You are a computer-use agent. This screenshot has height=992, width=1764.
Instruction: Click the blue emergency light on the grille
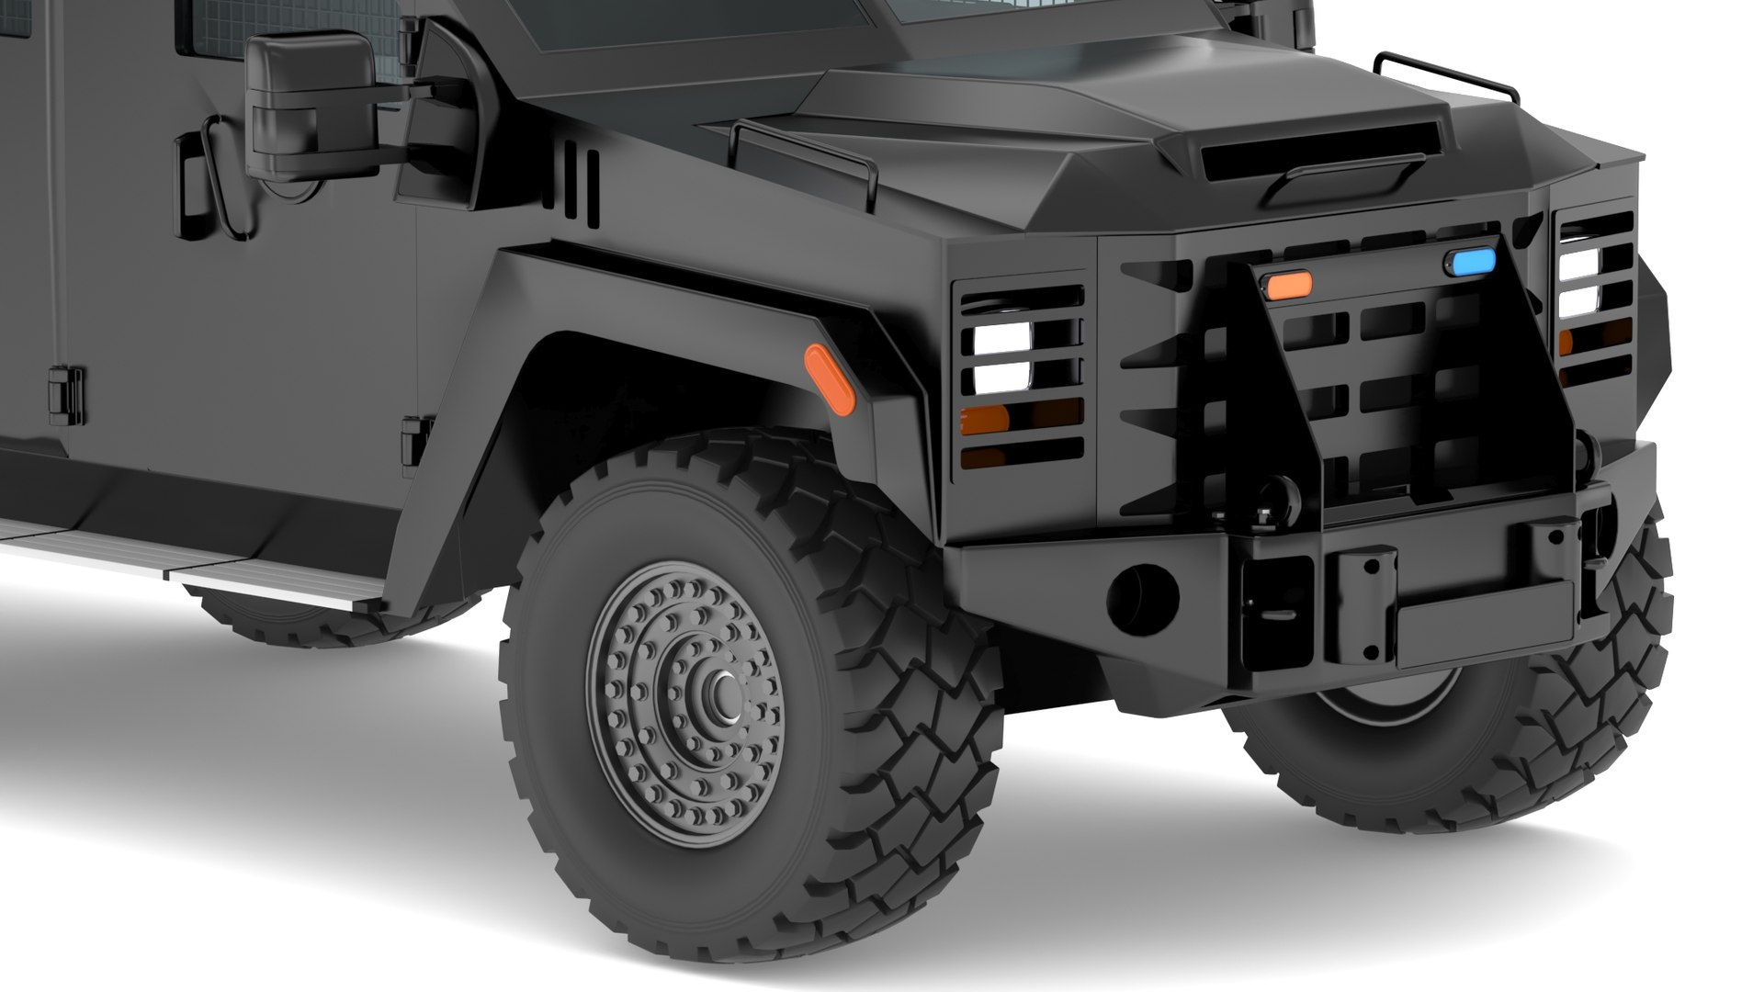pyautogui.click(x=1470, y=264)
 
